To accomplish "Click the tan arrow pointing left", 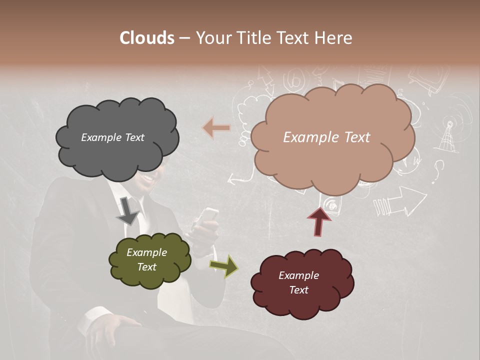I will coord(216,128).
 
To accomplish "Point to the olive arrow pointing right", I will coord(224,266).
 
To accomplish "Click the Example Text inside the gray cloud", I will coord(112,137).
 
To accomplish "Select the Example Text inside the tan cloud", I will coord(326,137).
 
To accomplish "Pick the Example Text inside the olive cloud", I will coord(146,259).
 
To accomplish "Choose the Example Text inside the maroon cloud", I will coord(298,282).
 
